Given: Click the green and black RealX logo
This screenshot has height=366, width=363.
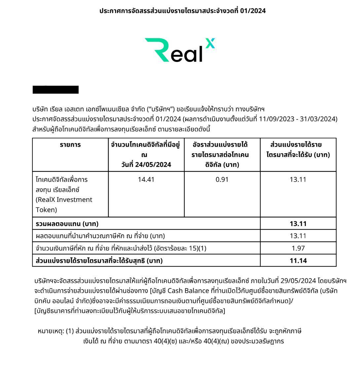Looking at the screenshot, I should pos(180,50).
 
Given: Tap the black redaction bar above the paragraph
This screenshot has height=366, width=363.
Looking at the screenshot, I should pos(55,90).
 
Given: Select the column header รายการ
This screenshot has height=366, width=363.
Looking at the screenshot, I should pos(70,145).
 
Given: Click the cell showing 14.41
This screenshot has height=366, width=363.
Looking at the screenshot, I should pos(146,179).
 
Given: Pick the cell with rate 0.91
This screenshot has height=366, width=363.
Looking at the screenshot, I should pos(222,179).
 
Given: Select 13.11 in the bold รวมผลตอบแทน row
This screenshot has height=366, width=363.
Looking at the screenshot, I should pos(298,224).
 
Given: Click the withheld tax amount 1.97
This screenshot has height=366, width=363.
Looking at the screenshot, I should pos(298,248).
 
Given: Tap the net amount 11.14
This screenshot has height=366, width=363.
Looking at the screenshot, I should pos(298,260).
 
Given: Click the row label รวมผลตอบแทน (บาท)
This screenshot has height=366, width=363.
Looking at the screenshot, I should pos(67,224).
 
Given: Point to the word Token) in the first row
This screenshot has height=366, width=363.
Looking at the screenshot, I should pos(46,209).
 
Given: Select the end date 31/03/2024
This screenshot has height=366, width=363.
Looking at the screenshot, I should pos(318,119).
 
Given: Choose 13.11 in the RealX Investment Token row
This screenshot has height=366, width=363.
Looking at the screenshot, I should pos(298,179).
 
